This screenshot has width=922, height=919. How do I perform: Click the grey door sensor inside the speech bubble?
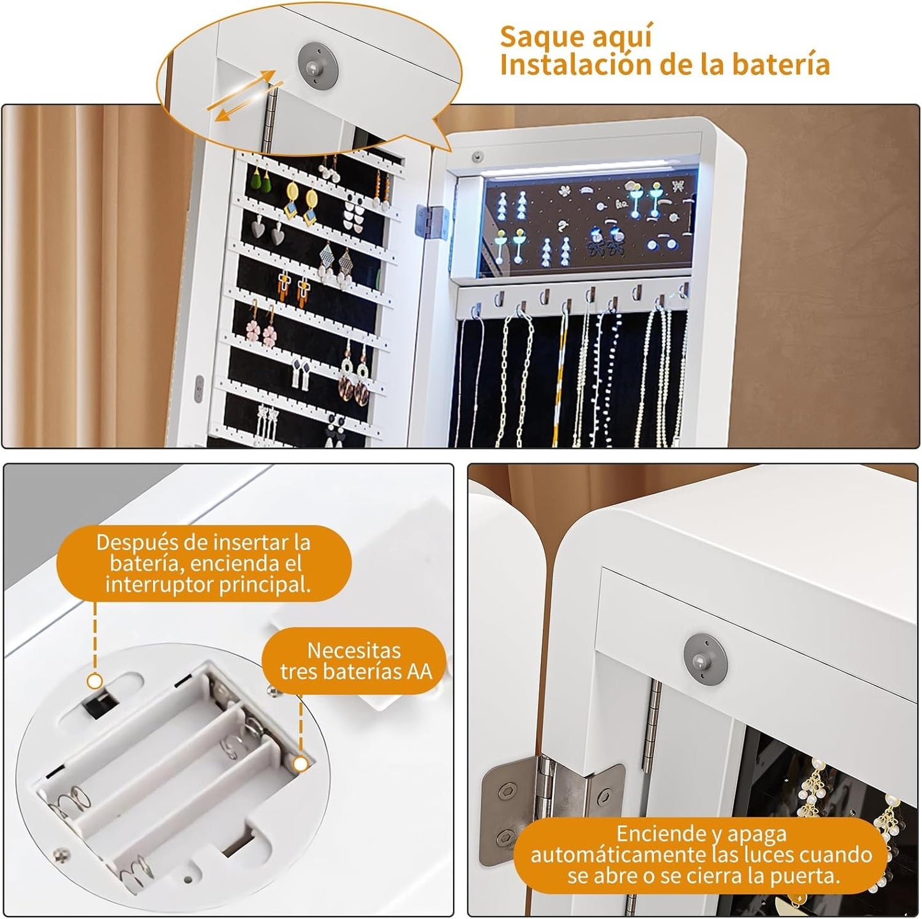pyautogui.click(x=318, y=64)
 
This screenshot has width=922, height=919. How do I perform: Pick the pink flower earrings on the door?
pyautogui.click(x=261, y=324)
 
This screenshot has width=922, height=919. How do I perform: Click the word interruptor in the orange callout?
pyautogui.click(x=158, y=585)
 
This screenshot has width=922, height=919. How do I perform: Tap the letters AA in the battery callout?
pyautogui.click(x=420, y=671)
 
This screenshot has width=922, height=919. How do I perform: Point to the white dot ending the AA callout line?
pyautogui.click(x=301, y=764)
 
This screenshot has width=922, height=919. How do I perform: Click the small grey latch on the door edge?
pyautogui.click(x=200, y=388)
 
